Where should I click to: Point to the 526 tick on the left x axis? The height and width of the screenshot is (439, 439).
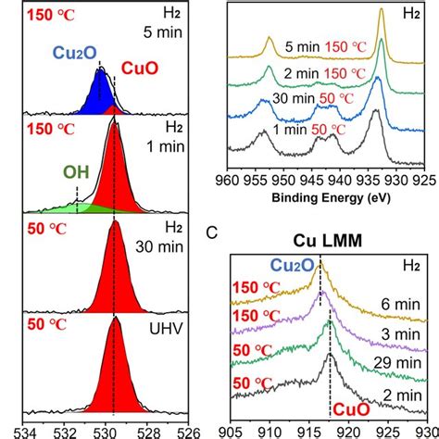pyautogui.click(x=188, y=431)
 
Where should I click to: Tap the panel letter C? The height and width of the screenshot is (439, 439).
pyautogui.click(x=212, y=234)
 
